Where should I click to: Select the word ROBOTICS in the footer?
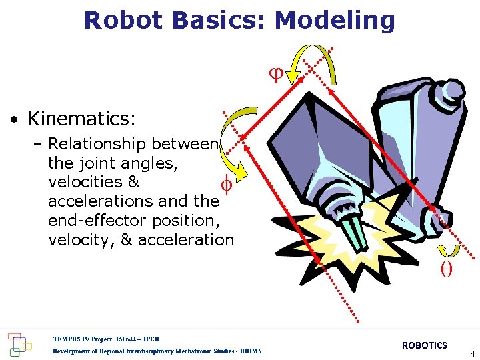click(424, 345)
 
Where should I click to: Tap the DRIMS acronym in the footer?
click(251, 351)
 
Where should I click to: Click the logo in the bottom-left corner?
click(18, 343)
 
